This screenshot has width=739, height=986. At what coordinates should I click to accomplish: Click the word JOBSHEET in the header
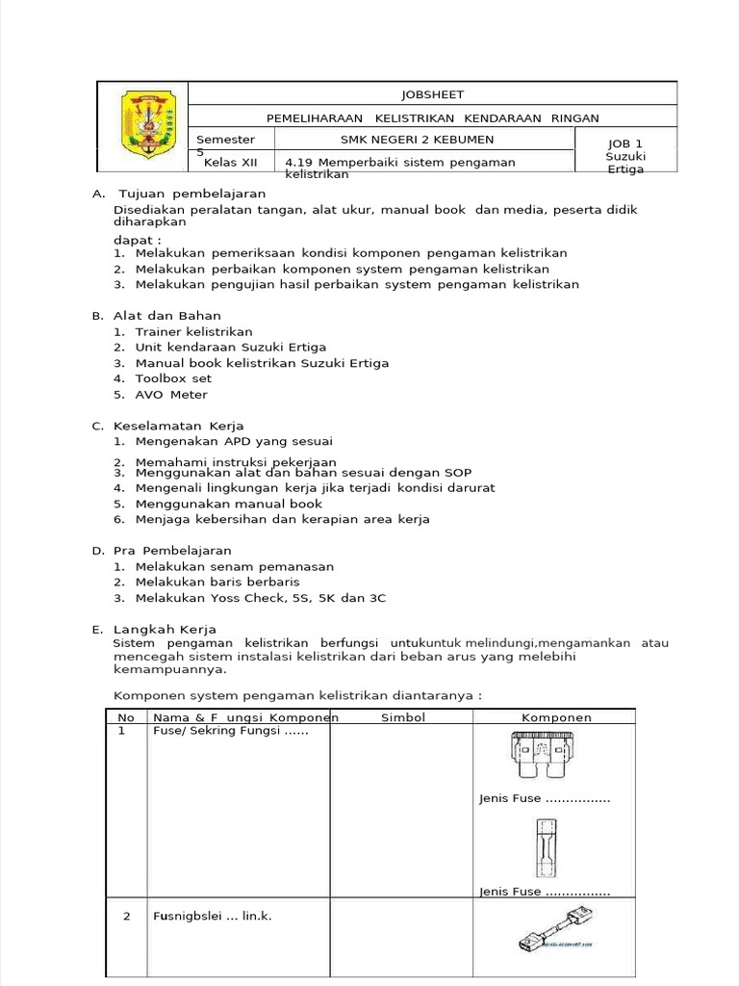(x=432, y=94)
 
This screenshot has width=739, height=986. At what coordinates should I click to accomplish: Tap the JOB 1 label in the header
(x=625, y=143)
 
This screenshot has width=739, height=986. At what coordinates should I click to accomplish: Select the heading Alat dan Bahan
(x=166, y=315)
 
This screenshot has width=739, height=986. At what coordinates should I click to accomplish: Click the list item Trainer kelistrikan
(x=193, y=331)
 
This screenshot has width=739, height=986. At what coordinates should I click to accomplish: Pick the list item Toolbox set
(x=173, y=378)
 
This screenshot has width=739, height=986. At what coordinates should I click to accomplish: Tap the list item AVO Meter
(x=171, y=394)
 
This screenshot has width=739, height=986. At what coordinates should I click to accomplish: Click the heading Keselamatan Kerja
(x=178, y=426)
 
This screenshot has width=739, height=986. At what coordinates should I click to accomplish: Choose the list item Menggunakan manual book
(x=228, y=504)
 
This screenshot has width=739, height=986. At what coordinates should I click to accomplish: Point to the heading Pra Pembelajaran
(x=172, y=551)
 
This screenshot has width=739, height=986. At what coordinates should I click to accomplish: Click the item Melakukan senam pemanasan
(x=234, y=567)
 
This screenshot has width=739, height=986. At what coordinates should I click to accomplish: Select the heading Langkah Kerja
(x=167, y=629)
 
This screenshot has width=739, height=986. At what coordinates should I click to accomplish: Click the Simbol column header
(x=403, y=717)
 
